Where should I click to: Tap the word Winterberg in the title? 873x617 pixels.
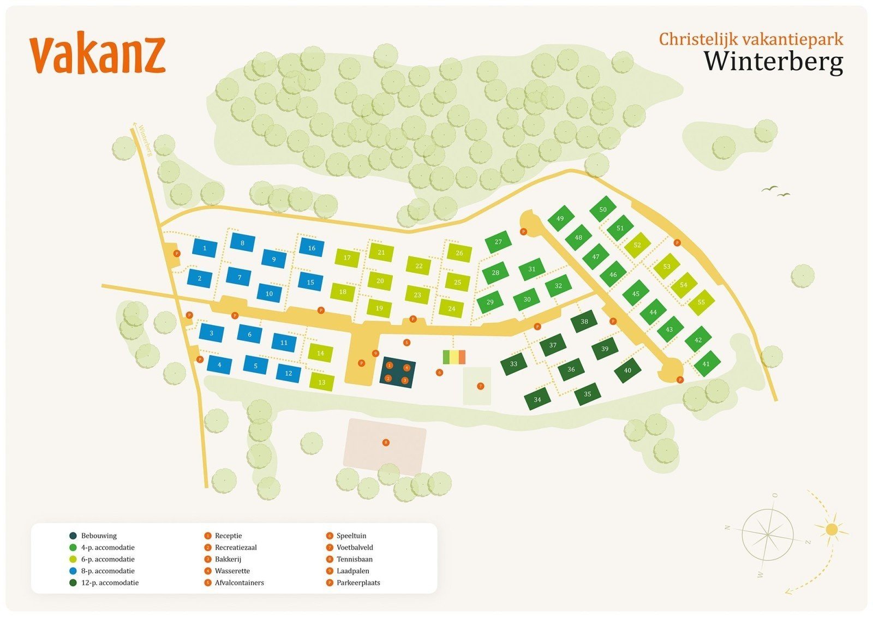click(773, 61)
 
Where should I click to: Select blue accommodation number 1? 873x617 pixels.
click(205, 248)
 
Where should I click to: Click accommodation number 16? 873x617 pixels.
click(312, 248)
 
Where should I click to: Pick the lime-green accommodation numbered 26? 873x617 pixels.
click(459, 253)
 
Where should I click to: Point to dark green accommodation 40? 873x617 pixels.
click(627, 370)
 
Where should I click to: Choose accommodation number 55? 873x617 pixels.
click(701, 302)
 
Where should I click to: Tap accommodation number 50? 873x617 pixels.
click(603, 209)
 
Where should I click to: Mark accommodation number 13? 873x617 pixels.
click(322, 382)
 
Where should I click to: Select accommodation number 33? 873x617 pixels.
click(513, 364)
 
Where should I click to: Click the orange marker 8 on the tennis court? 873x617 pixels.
click(386, 442)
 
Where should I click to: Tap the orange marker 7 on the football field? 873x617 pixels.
click(480, 386)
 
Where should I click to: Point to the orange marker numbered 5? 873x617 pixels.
click(406, 343)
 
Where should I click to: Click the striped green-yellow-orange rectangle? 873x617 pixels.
click(454, 357)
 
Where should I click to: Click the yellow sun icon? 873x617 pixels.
click(831, 529)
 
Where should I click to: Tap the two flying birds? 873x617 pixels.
click(776, 191)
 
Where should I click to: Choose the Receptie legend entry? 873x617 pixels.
click(228, 536)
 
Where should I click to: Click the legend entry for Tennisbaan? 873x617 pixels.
click(354, 559)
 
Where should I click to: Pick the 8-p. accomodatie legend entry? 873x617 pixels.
click(107, 571)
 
